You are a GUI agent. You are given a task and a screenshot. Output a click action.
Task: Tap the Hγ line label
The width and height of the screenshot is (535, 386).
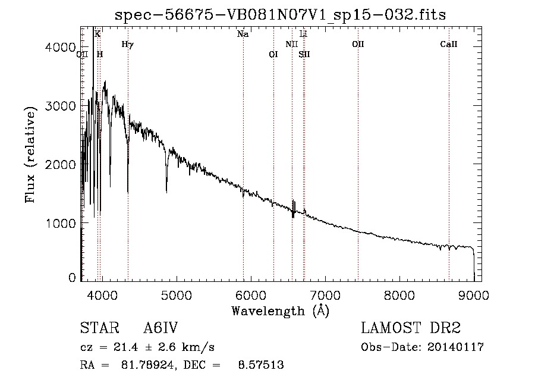pyautogui.click(x=127, y=44)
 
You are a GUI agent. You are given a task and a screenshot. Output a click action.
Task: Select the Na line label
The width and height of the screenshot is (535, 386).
pyautogui.click(x=243, y=34)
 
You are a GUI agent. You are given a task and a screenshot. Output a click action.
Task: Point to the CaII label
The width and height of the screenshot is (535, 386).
pyautogui.click(x=448, y=44)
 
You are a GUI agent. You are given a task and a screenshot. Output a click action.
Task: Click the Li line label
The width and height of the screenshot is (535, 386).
pyautogui.click(x=303, y=34)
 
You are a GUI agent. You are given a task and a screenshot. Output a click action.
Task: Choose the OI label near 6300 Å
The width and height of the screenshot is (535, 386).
pyautogui.click(x=273, y=54)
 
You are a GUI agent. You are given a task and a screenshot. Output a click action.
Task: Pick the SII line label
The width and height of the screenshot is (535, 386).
pyautogui.click(x=304, y=54)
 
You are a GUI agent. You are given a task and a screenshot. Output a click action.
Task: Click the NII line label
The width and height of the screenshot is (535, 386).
pyautogui.click(x=291, y=44)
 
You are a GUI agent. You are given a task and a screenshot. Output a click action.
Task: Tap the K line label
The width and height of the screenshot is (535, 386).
pyautogui.click(x=97, y=34)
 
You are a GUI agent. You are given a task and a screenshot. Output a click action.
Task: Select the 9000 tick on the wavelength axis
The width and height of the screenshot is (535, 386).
pyautogui.click(x=474, y=293)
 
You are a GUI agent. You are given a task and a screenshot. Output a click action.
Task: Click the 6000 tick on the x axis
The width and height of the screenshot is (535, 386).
pyautogui.click(x=250, y=293)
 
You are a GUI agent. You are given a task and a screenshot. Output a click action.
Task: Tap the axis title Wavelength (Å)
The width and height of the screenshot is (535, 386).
pyautogui.click(x=280, y=310)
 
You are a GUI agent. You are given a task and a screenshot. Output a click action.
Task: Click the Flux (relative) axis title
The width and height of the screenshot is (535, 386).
pyautogui.click(x=30, y=152)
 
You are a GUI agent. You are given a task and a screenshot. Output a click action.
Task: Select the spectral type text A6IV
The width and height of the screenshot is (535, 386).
pyautogui.click(x=160, y=328)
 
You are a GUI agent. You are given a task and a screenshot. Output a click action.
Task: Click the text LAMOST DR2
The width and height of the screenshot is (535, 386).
pyautogui.click(x=411, y=328)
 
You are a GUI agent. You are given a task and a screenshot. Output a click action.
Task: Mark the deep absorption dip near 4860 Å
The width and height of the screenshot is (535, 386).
pyautogui.click(x=166, y=189)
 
